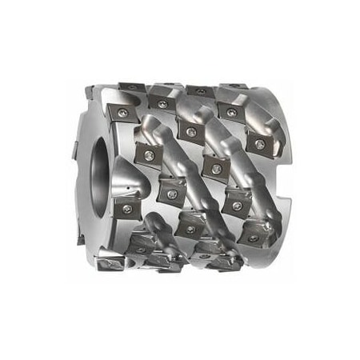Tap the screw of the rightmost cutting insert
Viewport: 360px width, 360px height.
point(259,145)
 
